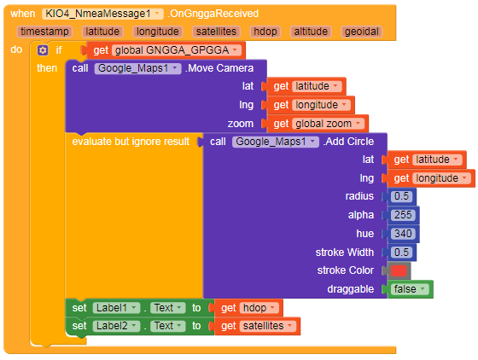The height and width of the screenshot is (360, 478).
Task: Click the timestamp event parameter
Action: tap(44, 32)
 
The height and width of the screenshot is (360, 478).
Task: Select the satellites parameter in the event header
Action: tap(216, 32)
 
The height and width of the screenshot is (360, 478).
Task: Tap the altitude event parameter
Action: tap(311, 32)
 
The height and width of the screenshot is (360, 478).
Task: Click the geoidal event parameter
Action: tap(362, 32)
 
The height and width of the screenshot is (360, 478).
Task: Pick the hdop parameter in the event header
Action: tap(265, 32)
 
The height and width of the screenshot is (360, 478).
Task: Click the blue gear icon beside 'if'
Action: tap(43, 50)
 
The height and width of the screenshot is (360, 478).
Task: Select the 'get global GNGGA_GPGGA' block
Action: tap(166, 50)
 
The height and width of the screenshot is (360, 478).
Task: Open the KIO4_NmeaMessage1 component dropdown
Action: tap(102, 14)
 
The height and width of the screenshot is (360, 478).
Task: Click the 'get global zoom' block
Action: tap(317, 124)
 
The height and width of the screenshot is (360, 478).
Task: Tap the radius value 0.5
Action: tap(401, 196)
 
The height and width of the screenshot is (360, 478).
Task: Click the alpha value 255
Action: tap(403, 215)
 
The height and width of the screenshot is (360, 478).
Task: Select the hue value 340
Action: tap(403, 234)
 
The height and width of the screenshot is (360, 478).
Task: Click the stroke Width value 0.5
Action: tap(401, 253)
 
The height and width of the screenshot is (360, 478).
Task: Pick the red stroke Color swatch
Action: tap(399, 270)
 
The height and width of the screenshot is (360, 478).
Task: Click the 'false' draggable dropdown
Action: tap(410, 289)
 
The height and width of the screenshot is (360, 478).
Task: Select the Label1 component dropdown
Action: tap(116, 308)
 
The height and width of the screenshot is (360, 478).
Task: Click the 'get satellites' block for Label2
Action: tap(257, 326)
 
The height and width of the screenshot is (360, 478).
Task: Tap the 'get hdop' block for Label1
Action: tap(248, 308)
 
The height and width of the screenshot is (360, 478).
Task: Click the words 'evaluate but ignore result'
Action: tap(131, 142)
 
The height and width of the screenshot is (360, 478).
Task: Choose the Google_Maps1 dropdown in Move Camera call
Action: tap(137, 68)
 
